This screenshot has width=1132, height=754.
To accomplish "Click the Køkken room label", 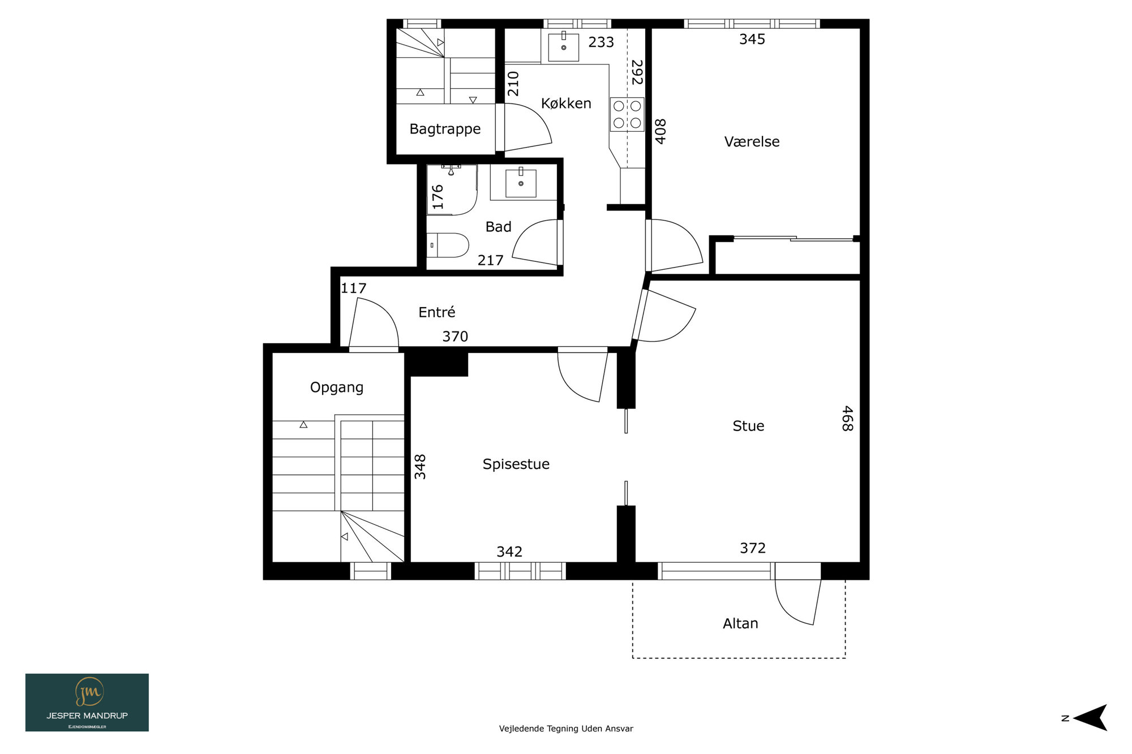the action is tap(566, 104).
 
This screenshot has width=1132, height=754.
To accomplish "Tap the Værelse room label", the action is tap(752, 141).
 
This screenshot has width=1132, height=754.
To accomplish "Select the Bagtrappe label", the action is tap(445, 130).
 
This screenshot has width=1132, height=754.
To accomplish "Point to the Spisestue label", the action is tap(516, 464).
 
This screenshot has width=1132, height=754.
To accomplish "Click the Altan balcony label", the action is tap(740, 623).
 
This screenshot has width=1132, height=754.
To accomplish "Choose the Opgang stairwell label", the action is tap(337, 387).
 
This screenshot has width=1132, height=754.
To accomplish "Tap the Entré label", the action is tap(437, 312).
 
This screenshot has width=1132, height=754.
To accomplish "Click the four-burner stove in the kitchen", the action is tap(627, 114).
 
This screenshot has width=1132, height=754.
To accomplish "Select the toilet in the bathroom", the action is tap(448, 245).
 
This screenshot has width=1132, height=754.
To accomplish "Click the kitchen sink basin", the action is tap(563, 47).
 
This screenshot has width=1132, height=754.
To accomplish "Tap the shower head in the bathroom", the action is tap(451, 170).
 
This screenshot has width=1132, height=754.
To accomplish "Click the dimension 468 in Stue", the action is tap(847, 419).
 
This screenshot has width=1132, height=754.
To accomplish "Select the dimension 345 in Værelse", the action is tap(752, 40).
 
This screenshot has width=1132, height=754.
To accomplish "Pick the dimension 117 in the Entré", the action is tap(354, 288).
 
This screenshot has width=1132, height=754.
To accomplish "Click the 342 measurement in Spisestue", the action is tap(509, 552).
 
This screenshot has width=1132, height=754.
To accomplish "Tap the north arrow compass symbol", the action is tap(1090, 718).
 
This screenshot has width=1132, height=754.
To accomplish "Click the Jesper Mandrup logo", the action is tap(87, 703).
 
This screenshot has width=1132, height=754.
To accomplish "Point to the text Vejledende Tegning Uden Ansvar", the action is tap(566, 729).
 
